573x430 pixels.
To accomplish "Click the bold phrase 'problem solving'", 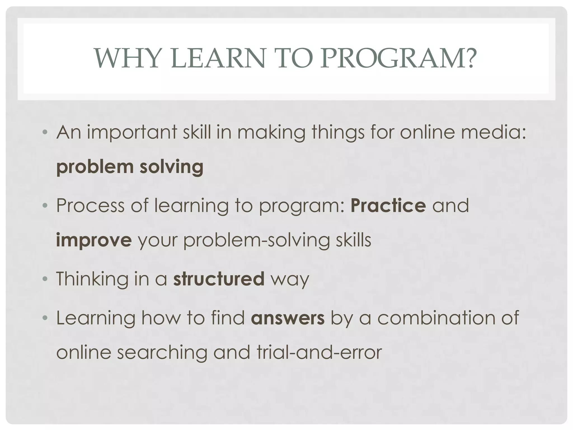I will tap(130, 167).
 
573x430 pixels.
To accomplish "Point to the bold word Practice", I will tap(388, 205).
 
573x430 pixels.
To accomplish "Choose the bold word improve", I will tap(94, 240).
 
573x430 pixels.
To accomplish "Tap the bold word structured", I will tap(219, 279).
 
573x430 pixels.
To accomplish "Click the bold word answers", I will tap(288, 318).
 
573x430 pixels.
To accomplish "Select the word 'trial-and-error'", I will tap(319, 352).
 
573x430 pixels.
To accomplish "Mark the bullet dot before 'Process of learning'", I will tap(45, 206).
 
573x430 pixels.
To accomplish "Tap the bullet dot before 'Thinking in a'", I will tap(45, 279).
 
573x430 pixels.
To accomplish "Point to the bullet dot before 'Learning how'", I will tap(45, 318).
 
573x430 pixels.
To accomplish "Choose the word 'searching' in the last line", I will tap(162, 353).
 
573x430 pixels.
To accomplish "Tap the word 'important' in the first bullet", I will tap(132, 132).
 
